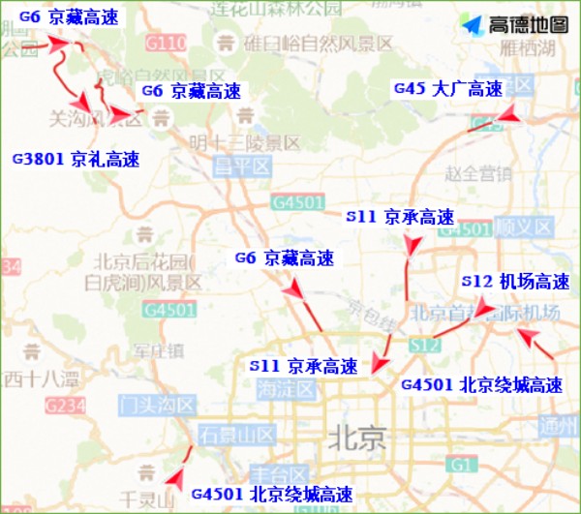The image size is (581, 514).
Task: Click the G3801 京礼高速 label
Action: coord(75,159)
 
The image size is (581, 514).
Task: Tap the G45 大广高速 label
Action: coord(447,89)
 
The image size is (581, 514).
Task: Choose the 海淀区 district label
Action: coord(287,389)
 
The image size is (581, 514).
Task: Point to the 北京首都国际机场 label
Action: coord(485,313)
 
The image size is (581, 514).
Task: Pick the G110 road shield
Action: coord(166,43)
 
